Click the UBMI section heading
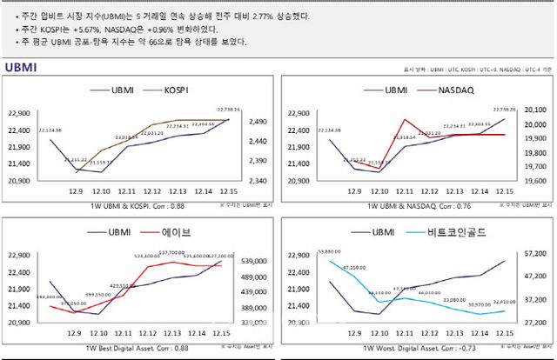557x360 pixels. click(22, 67)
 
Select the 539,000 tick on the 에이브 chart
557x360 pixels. click(252, 261)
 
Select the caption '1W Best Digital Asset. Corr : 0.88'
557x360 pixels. click(137, 348)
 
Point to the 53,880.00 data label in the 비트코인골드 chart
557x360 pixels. click(329, 250)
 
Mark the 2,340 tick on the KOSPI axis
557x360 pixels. click(252, 181)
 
